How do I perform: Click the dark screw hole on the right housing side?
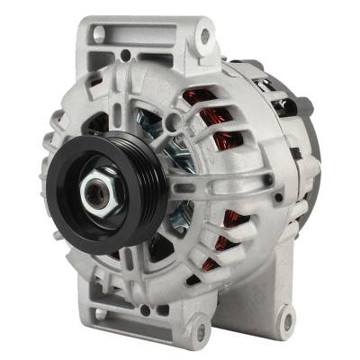268,181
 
